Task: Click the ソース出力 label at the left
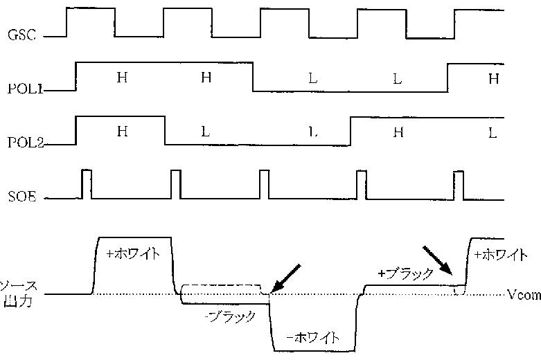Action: (x=14, y=294)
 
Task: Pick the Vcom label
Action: (x=523, y=295)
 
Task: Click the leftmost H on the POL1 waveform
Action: (x=122, y=78)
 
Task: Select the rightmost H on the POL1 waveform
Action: (x=493, y=78)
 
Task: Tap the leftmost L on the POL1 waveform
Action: (x=312, y=78)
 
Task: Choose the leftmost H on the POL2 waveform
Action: (x=122, y=132)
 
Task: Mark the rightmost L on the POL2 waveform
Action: (x=493, y=133)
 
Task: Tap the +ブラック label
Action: (x=403, y=273)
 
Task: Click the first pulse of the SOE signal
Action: (x=87, y=183)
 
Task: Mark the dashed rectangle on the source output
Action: (x=222, y=289)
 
